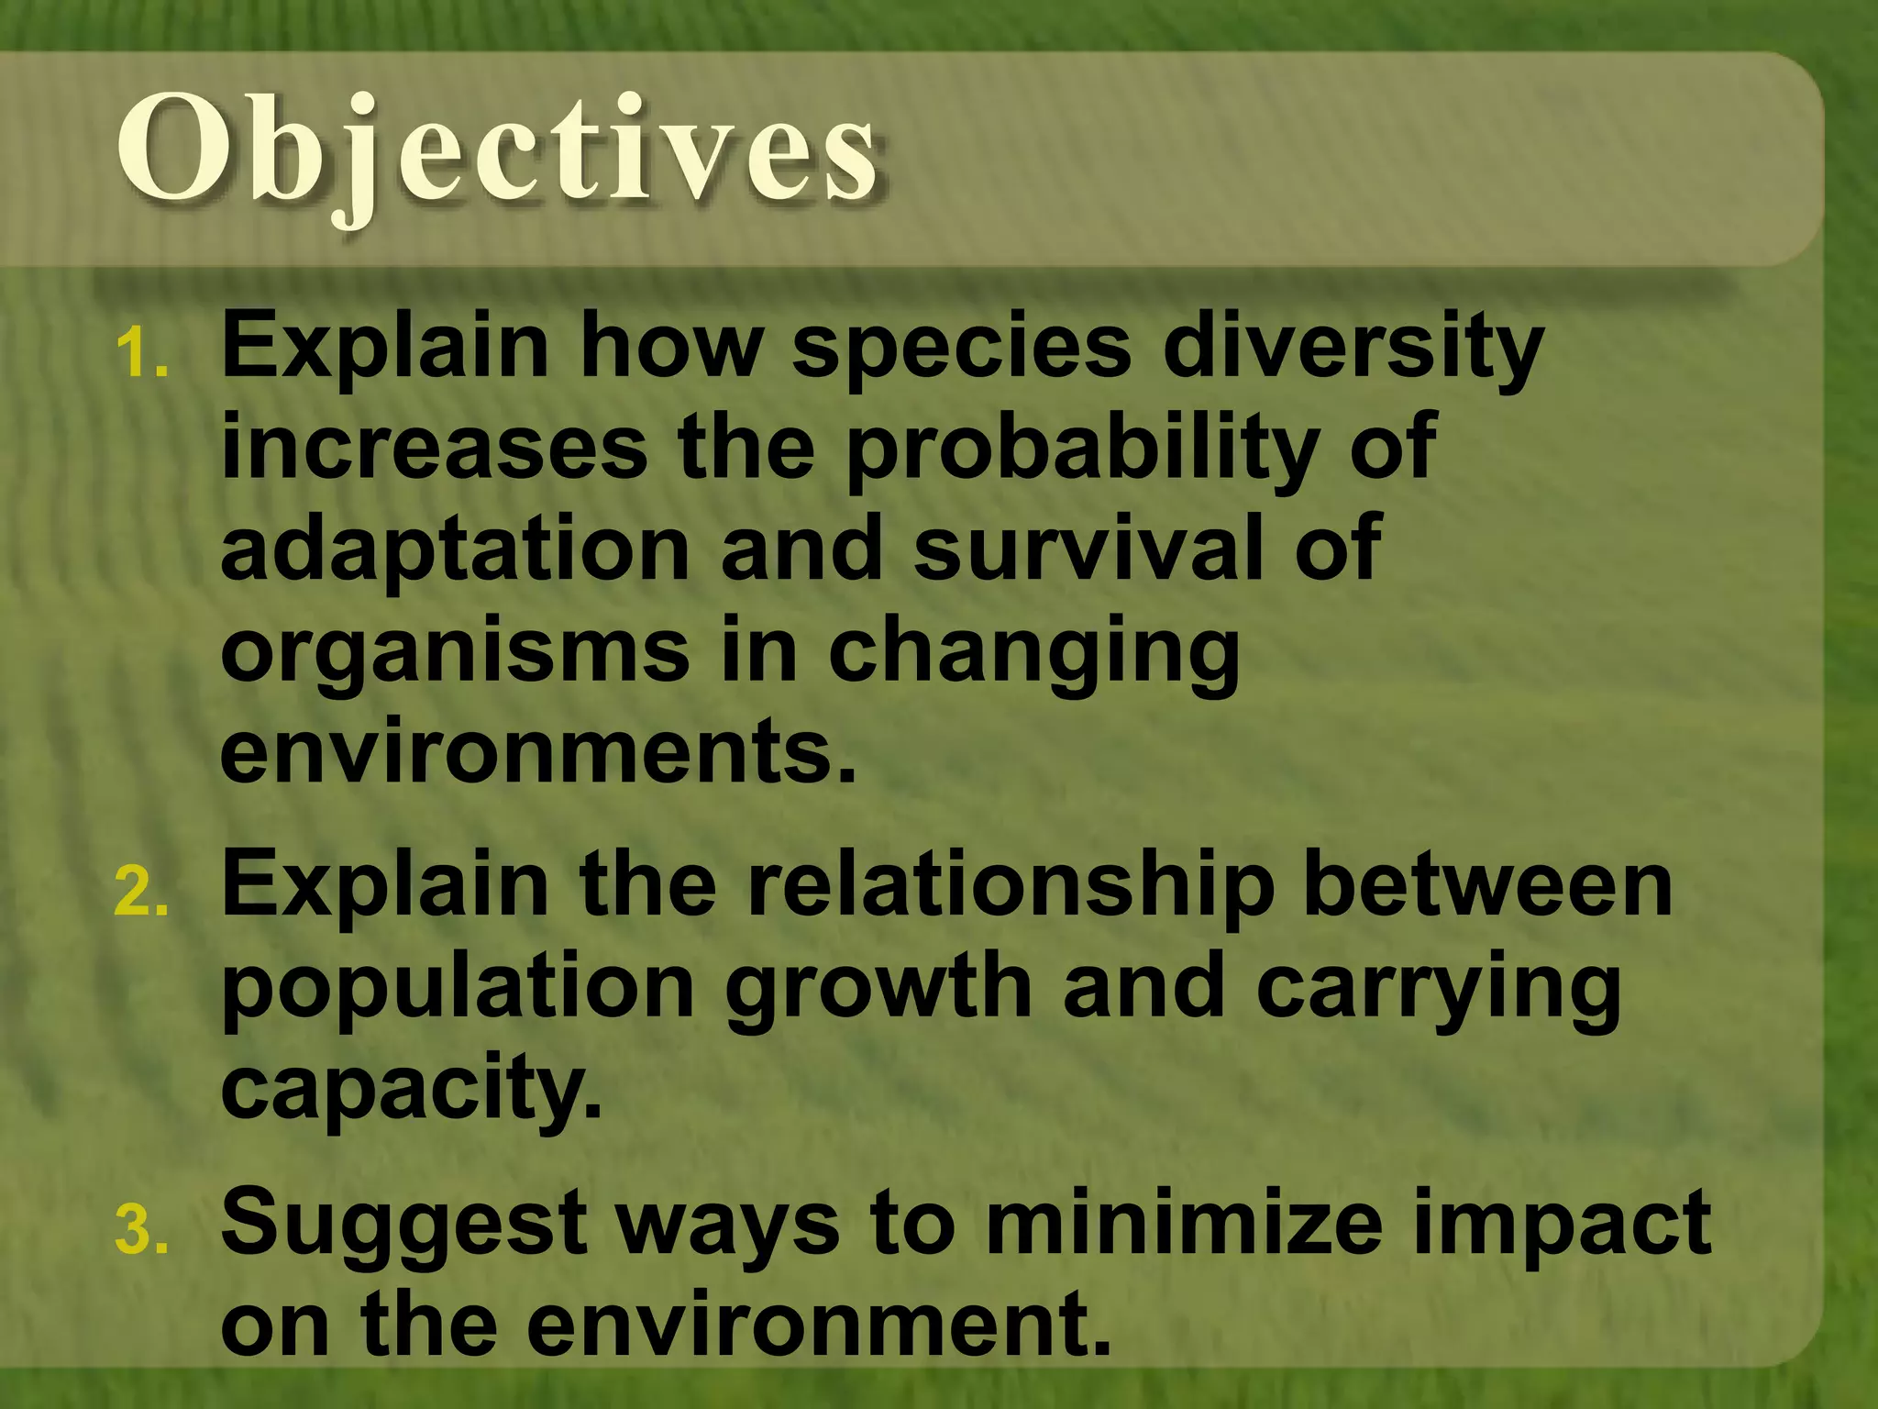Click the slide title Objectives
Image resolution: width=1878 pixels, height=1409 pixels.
point(500,151)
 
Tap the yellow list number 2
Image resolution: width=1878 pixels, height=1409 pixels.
point(142,892)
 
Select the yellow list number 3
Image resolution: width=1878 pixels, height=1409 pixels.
point(142,1231)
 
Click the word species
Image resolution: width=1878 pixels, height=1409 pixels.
point(962,349)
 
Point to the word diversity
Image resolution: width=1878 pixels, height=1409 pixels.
point(1353,349)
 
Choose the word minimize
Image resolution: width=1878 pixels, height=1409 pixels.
point(1183,1223)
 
